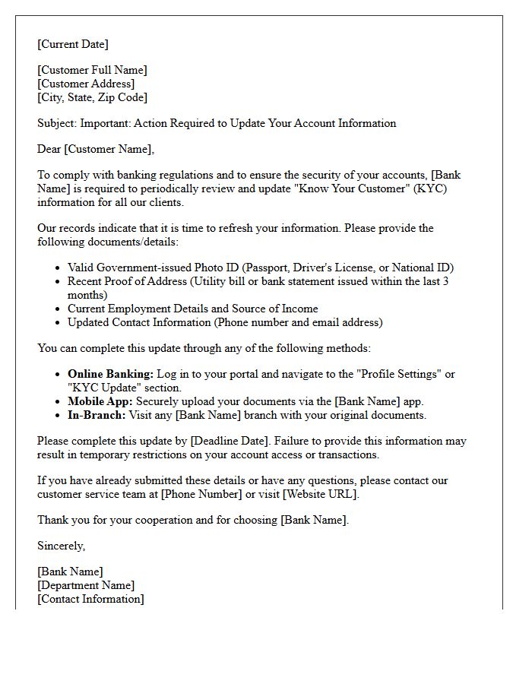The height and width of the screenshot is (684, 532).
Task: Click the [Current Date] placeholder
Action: (73, 44)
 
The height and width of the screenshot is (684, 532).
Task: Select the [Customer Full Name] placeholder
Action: (92, 70)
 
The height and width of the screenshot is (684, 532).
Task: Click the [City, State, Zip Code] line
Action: (92, 97)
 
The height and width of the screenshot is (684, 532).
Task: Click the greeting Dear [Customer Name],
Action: (96, 149)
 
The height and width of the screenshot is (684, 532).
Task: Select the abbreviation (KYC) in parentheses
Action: (430, 188)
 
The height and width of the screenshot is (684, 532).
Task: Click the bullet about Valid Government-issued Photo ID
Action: (260, 268)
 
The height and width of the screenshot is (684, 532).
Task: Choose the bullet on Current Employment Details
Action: (192, 309)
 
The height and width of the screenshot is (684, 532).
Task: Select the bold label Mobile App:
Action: (100, 401)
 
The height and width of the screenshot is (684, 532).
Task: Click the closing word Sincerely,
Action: (62, 546)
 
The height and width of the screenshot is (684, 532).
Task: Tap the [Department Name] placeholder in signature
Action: (86, 585)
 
